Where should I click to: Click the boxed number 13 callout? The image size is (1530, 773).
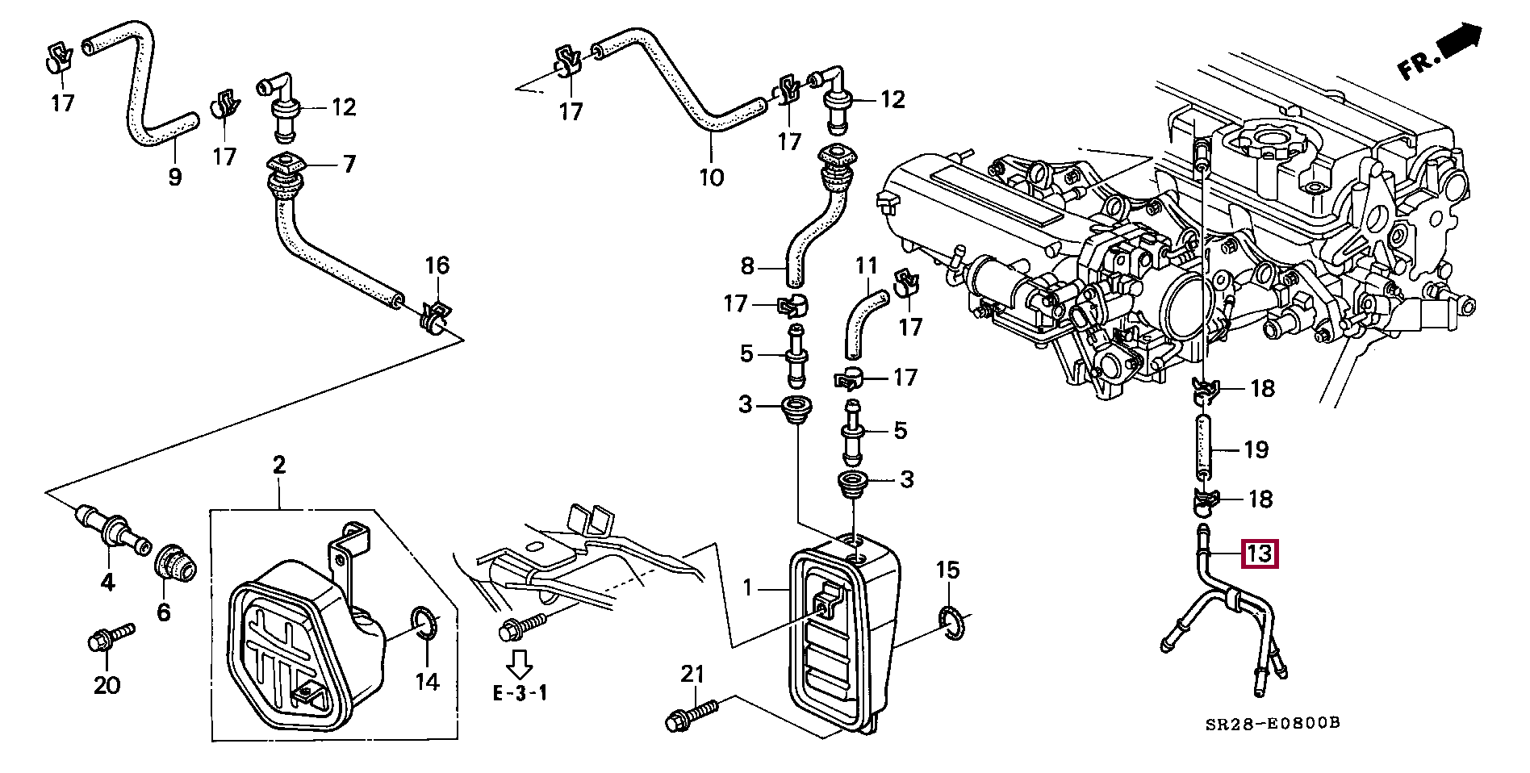point(1260,554)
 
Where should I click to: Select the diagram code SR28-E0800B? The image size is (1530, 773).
point(1273,723)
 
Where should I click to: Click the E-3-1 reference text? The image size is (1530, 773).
point(520,692)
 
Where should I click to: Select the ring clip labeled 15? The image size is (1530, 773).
point(951,623)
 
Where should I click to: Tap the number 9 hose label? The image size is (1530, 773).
point(174,177)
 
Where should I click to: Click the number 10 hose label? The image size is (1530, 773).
point(711,177)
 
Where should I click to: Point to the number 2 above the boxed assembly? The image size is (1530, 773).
point(279,465)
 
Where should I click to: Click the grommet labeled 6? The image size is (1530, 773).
point(175,562)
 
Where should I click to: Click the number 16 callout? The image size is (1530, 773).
point(437,265)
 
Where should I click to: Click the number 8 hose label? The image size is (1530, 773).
point(747,265)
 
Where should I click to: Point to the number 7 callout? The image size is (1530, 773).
point(349,165)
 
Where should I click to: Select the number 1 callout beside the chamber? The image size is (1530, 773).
point(748,587)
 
